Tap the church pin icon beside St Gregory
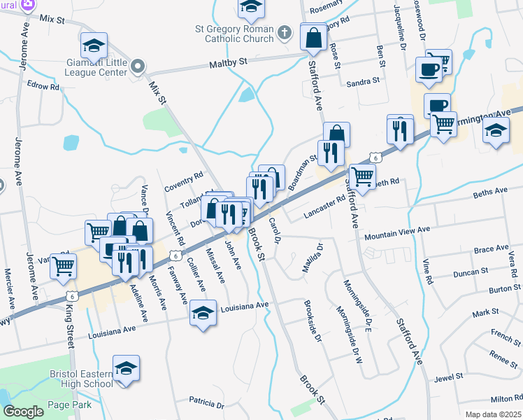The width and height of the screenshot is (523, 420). (285, 32)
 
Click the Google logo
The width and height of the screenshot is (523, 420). (23, 411)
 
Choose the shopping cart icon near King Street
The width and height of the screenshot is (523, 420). (63, 265)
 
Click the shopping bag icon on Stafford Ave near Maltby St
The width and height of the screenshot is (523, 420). (313, 37)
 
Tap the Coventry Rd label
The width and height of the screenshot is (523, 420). (183, 182)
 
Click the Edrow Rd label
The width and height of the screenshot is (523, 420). (43, 86)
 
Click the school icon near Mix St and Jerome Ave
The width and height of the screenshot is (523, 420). (94, 46)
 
